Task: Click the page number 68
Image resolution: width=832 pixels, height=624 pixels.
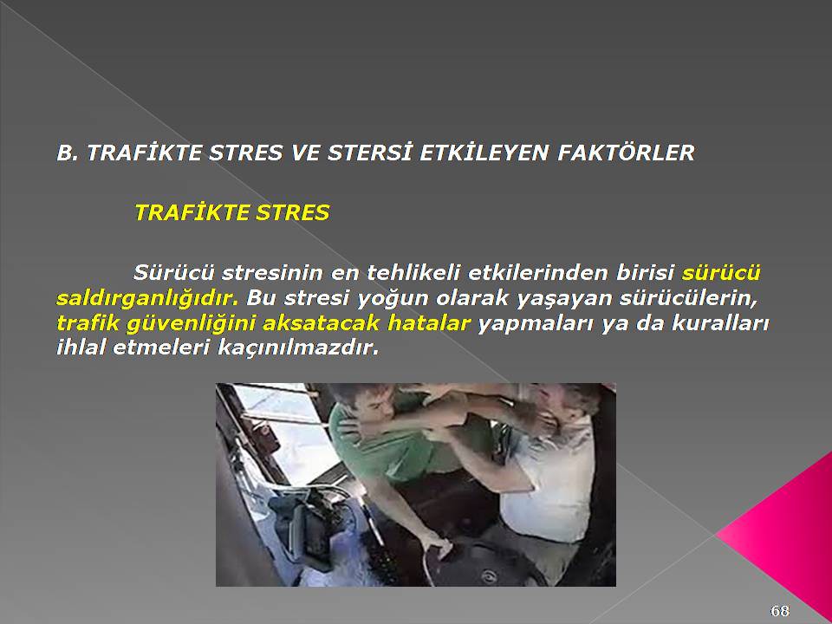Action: pos(779,611)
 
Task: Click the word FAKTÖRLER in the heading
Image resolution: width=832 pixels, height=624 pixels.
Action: pos(626,153)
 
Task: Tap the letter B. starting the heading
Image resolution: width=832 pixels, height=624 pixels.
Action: pos(68,153)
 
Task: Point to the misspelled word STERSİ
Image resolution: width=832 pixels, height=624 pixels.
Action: pos(370,153)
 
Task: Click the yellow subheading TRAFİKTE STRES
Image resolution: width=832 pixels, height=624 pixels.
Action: pos(232,213)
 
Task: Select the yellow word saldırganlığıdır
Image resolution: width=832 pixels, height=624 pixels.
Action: pos(147,298)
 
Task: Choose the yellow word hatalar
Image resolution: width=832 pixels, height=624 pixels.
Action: pos(429,323)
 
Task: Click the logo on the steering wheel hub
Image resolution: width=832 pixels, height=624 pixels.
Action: pos(486,575)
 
